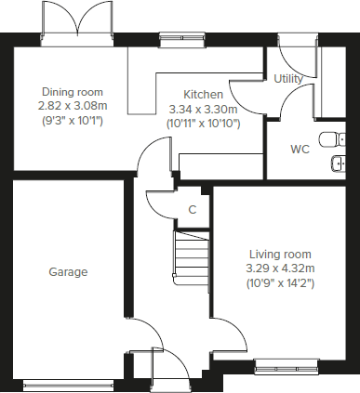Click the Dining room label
(x=71, y=92)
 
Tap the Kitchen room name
(x=202, y=95)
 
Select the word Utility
(x=288, y=79)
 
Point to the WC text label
(x=300, y=149)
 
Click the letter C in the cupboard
(x=193, y=210)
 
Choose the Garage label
(x=68, y=272)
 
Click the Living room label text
(x=280, y=254)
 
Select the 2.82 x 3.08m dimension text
(x=71, y=106)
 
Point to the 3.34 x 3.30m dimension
(x=202, y=109)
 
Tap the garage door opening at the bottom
(x=68, y=382)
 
